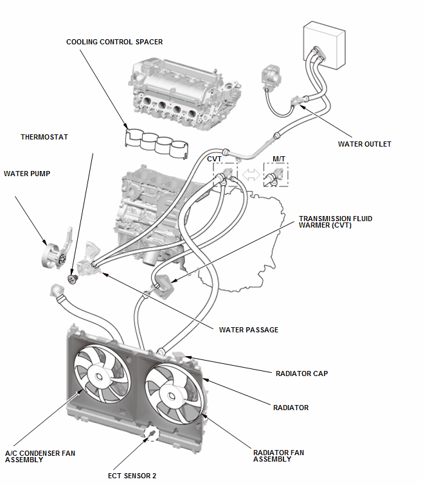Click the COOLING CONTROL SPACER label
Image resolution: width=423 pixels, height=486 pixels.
coord(114,42)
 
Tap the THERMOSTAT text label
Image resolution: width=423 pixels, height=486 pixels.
coord(44,137)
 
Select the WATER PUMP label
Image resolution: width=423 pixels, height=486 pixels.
coord(27,173)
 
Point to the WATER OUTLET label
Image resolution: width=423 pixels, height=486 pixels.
coord(364,144)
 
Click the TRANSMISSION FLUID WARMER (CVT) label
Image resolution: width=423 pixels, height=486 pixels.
coord(335,222)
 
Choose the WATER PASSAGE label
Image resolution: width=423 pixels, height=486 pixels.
coord(249,330)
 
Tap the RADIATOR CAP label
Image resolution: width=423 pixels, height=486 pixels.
coord(301,373)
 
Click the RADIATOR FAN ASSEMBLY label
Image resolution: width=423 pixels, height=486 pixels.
coord(278,456)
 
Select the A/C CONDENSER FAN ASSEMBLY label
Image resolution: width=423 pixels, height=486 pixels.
coord(39,456)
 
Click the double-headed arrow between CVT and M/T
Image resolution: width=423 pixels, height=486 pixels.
coord(251,174)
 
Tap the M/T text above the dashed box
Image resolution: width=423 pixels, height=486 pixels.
coord(278,157)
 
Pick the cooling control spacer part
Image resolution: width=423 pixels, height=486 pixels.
coord(156,144)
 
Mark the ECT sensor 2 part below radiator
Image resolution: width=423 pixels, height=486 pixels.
coord(151,436)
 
